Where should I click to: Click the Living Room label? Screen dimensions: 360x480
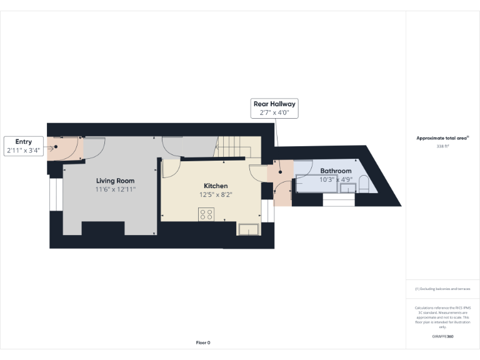pos(115,181)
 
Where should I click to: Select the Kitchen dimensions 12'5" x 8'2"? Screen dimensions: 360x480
pos(216,194)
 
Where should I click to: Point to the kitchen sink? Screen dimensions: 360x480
pos(248,229)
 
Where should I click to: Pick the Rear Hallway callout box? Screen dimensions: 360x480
pos(274,108)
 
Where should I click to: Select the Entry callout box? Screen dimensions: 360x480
pos(24,146)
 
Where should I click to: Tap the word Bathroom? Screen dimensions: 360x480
pos(336,171)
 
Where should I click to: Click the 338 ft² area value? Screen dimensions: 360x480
pos(443,146)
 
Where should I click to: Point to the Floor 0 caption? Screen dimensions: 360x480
pos(203,342)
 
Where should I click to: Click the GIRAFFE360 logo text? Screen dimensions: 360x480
pos(443,337)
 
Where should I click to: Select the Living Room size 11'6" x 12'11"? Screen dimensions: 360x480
pos(115,189)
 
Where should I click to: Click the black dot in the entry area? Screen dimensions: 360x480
pos(56,147)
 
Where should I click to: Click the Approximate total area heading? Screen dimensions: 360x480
pos(442,138)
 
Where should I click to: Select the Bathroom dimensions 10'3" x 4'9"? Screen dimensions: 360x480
pos(336,179)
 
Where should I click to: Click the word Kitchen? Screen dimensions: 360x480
pos(216,186)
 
